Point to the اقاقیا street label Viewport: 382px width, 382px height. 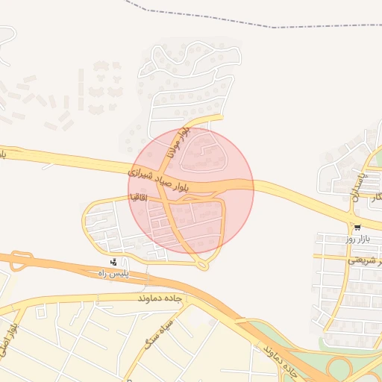click(139, 198)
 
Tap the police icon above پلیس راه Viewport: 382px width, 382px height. click(113, 262)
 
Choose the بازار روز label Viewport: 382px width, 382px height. click(357, 239)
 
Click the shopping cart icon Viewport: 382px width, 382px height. click(357, 228)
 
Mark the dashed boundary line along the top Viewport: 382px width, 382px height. click(224, 21)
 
